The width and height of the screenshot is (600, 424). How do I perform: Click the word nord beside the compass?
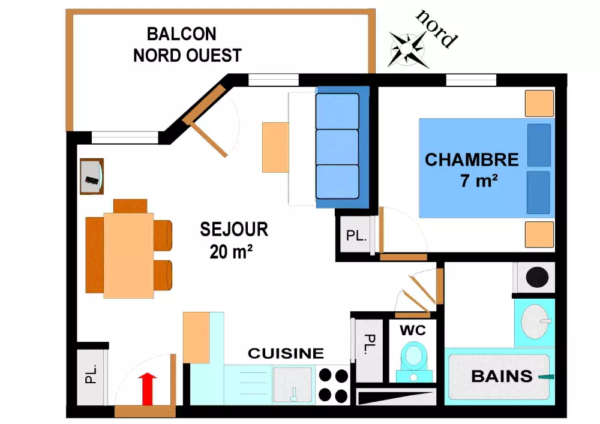(x=437, y=28)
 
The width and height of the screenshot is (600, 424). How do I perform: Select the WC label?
(x=413, y=330)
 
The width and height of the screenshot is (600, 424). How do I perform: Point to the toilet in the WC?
(x=413, y=359)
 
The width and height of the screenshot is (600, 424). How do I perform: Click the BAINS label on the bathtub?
(x=502, y=377)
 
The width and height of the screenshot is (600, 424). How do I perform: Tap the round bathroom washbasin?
(x=535, y=322)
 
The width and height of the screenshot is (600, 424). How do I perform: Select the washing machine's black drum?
(x=537, y=277)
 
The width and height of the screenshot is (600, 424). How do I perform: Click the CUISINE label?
(x=286, y=353)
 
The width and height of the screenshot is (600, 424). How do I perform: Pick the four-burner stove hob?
(x=333, y=385)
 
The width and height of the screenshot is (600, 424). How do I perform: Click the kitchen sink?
(x=293, y=384)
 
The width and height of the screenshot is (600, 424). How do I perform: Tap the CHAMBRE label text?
(x=472, y=160)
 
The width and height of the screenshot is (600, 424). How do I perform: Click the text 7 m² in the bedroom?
(x=479, y=181)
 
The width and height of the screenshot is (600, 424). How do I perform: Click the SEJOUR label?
(x=234, y=229)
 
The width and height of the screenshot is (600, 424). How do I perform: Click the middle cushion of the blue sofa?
(x=337, y=146)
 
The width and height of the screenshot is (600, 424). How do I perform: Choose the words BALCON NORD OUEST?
(x=187, y=45)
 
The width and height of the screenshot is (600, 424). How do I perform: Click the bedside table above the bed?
(x=539, y=103)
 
